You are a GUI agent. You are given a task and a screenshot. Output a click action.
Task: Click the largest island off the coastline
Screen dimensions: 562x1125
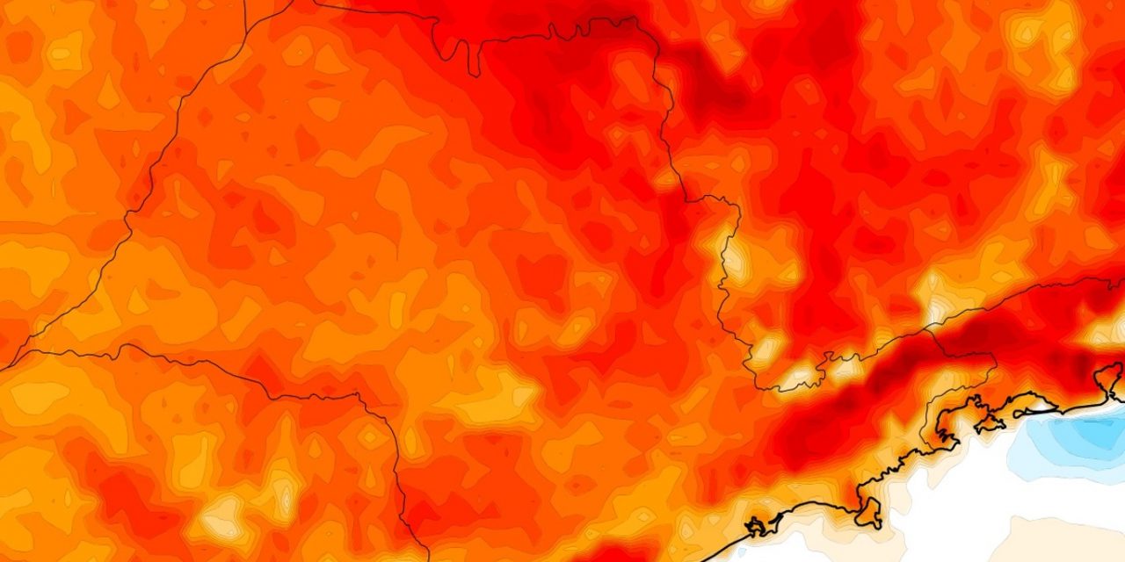click(869, 512)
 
